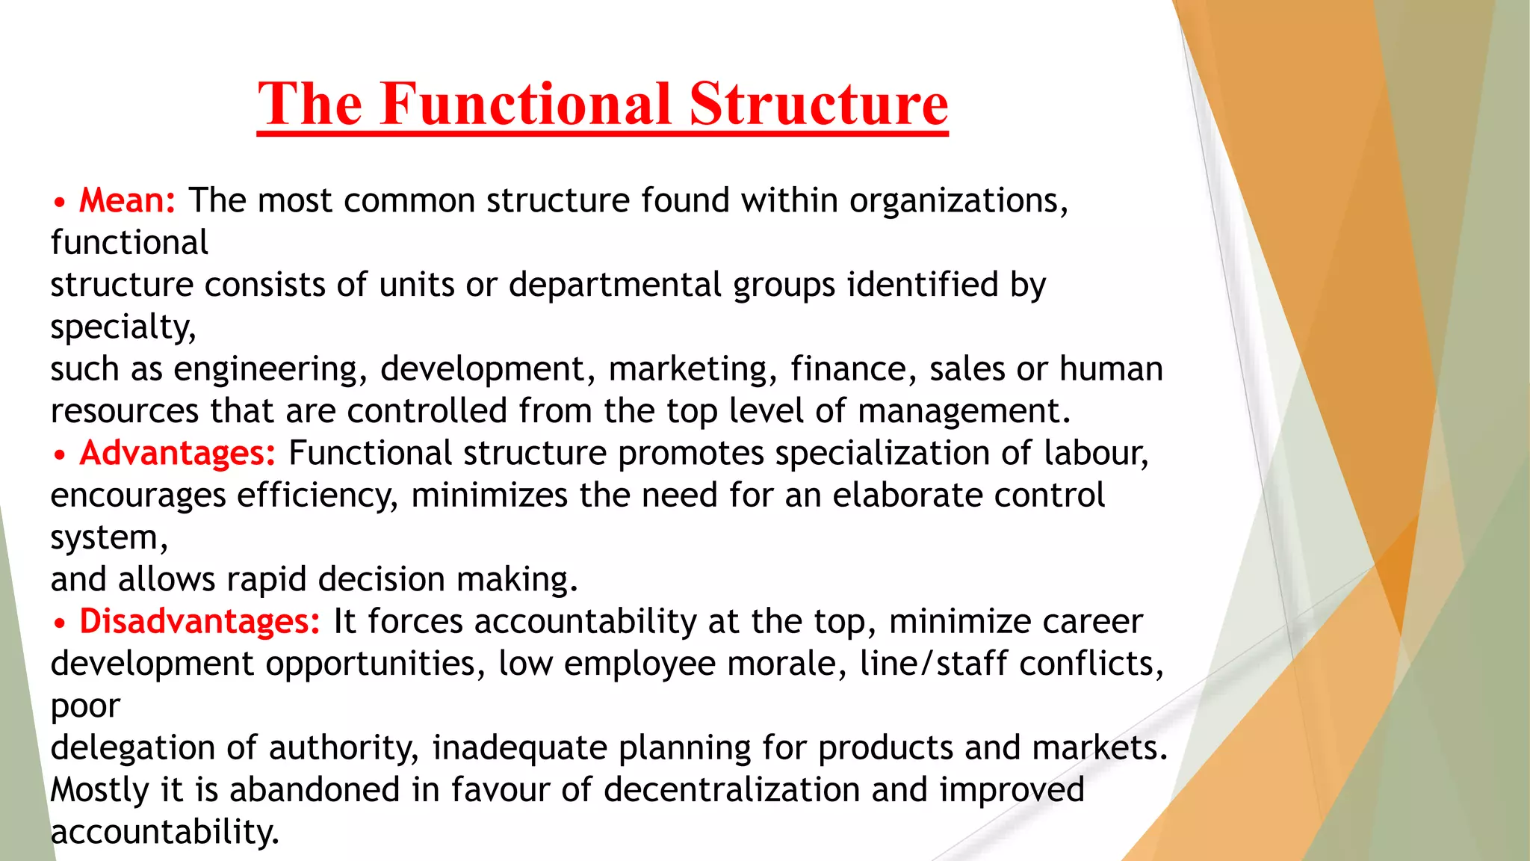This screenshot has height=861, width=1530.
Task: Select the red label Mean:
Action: click(x=128, y=200)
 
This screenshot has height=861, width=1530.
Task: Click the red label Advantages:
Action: click(x=178, y=453)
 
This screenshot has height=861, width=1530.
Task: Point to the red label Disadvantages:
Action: click(x=200, y=621)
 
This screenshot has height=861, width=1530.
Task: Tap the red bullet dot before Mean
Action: click(x=60, y=203)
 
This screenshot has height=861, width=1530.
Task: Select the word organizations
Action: click(x=958, y=200)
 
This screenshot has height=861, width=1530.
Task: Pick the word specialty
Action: click(x=123, y=327)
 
